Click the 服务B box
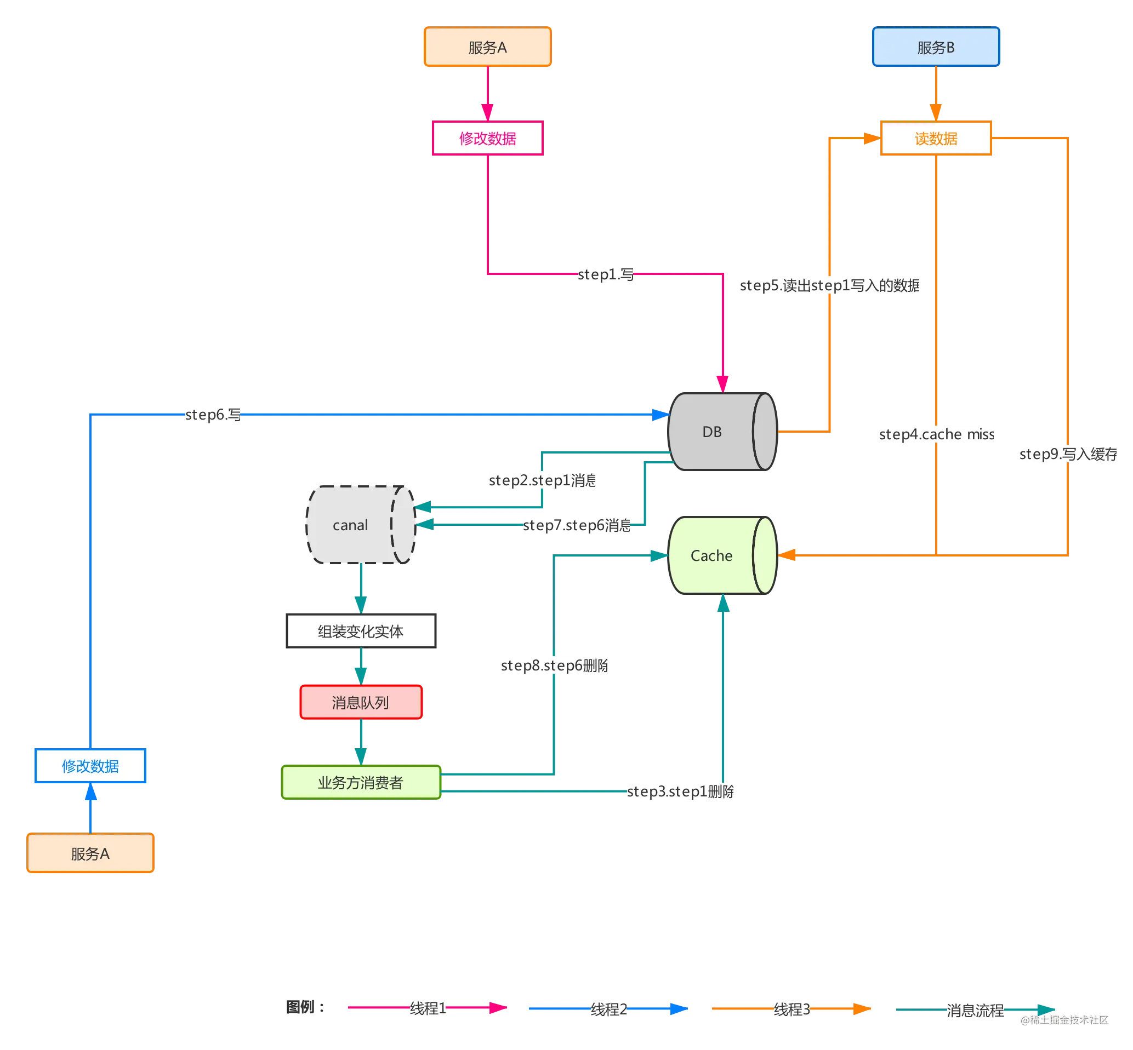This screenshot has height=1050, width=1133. coord(935,47)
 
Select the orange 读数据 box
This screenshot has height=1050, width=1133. coord(935,138)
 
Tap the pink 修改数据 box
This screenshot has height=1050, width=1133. coord(487,138)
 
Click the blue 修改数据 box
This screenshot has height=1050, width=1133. coord(90,765)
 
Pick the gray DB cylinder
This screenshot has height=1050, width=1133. coord(722,431)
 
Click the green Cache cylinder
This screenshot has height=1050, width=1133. coord(722,555)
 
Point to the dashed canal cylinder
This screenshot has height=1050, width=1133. coord(361,524)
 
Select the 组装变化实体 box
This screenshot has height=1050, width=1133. coord(361,630)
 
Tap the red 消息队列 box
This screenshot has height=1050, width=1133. coord(361,702)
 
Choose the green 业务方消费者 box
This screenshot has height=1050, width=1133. coord(361,782)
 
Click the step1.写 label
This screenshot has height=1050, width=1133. coord(606,274)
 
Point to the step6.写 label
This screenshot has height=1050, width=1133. coord(213,415)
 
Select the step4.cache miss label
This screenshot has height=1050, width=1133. coord(936,434)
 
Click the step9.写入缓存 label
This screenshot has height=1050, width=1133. coord(1068,454)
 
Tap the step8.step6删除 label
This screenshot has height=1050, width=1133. coord(554,665)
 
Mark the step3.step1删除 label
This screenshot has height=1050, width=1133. coord(680,791)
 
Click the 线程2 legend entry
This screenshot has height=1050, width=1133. coord(608,1009)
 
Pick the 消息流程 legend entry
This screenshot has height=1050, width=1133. coord(975,1010)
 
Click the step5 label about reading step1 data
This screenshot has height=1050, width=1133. coord(829,285)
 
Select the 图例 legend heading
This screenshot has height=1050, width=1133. coord(305,1007)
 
